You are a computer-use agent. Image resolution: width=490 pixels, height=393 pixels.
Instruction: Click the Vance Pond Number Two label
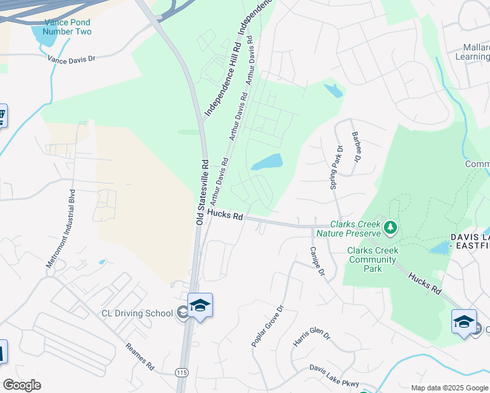click(x=67, y=27)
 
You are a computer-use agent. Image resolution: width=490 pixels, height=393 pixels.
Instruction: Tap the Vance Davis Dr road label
click(x=71, y=58)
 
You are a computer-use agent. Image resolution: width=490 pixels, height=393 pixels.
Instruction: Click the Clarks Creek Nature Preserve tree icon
click(x=391, y=227)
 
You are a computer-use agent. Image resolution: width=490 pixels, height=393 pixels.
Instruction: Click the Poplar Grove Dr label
click(x=267, y=326)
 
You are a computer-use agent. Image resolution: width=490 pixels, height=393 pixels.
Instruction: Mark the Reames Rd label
click(x=139, y=357)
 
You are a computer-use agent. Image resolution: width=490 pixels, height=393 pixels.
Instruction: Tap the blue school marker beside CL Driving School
click(x=200, y=305)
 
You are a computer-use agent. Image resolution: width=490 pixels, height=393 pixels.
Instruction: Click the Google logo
click(x=22, y=385)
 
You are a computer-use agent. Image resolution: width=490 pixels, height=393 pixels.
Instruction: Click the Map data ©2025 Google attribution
click(x=449, y=388)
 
